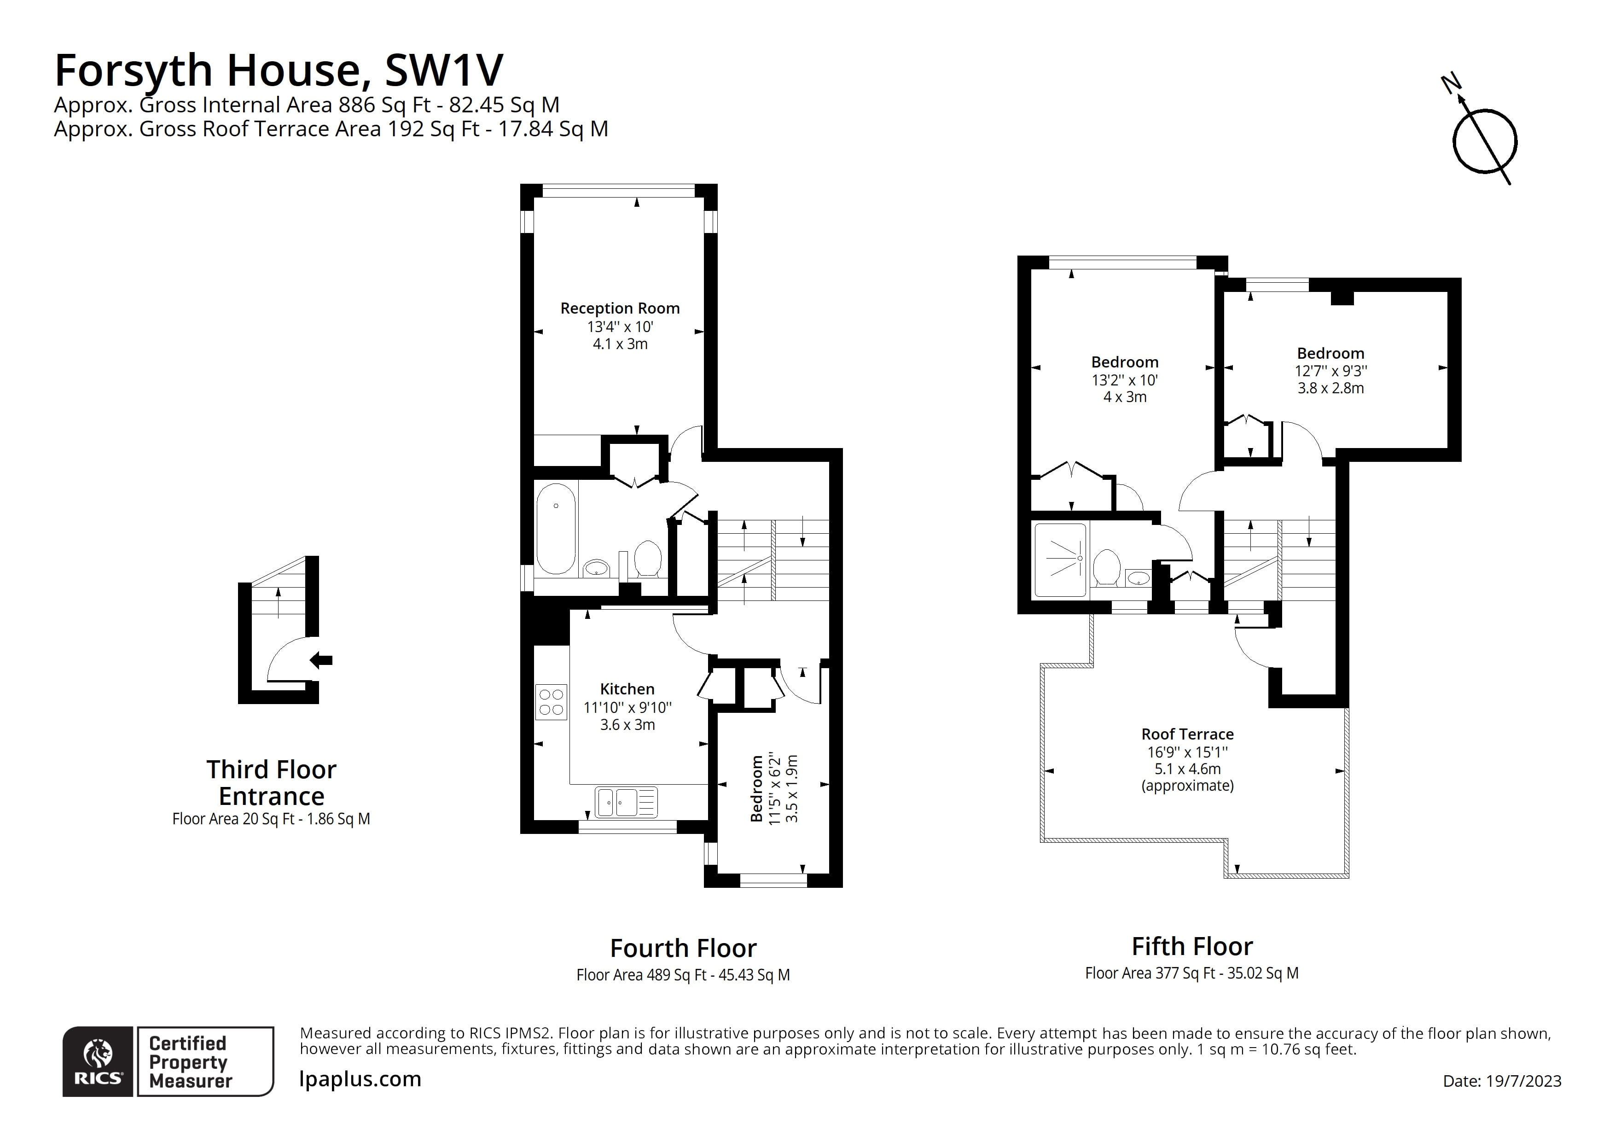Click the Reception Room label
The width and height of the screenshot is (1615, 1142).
point(620,308)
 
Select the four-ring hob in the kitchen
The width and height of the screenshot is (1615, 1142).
point(551,701)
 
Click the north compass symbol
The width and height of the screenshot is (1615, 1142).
point(1484,141)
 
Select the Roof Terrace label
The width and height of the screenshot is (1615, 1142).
point(1187,734)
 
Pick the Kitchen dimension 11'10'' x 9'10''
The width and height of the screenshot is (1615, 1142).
point(627,707)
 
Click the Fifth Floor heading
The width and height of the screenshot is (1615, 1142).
point(1192,946)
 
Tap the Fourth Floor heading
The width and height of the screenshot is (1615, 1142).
point(683,949)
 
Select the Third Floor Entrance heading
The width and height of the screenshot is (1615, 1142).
point(272,782)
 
